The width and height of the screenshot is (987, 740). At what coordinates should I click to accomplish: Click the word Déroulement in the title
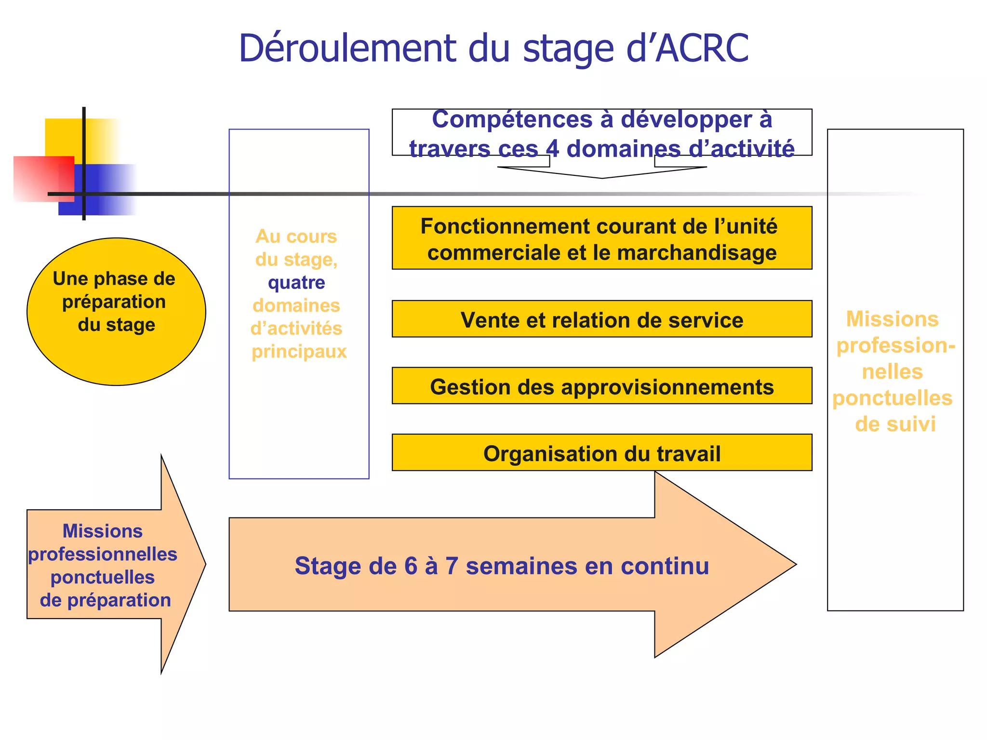(347, 49)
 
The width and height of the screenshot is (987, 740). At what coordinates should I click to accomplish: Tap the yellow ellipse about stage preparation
(116, 311)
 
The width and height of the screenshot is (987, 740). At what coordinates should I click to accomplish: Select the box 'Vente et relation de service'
(601, 319)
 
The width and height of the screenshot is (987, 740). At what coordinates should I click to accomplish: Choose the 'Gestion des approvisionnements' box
(601, 386)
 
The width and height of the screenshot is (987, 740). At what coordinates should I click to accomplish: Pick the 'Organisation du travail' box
(601, 453)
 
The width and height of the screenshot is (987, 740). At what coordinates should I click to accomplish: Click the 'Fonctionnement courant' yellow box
(601, 238)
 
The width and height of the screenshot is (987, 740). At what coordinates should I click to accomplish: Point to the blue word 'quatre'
(296, 282)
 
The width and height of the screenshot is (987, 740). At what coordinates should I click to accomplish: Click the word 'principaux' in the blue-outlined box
(299, 352)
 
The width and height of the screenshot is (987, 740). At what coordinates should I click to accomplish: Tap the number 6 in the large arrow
(411, 566)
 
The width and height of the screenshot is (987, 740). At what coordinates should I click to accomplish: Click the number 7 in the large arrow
(452, 566)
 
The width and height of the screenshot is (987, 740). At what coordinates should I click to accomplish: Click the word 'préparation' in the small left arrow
(119, 600)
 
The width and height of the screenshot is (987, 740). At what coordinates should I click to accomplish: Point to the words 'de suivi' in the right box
(895, 424)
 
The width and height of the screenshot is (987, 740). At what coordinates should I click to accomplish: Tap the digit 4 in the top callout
(552, 149)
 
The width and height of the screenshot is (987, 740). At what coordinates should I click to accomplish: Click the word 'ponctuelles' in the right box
(892, 398)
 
